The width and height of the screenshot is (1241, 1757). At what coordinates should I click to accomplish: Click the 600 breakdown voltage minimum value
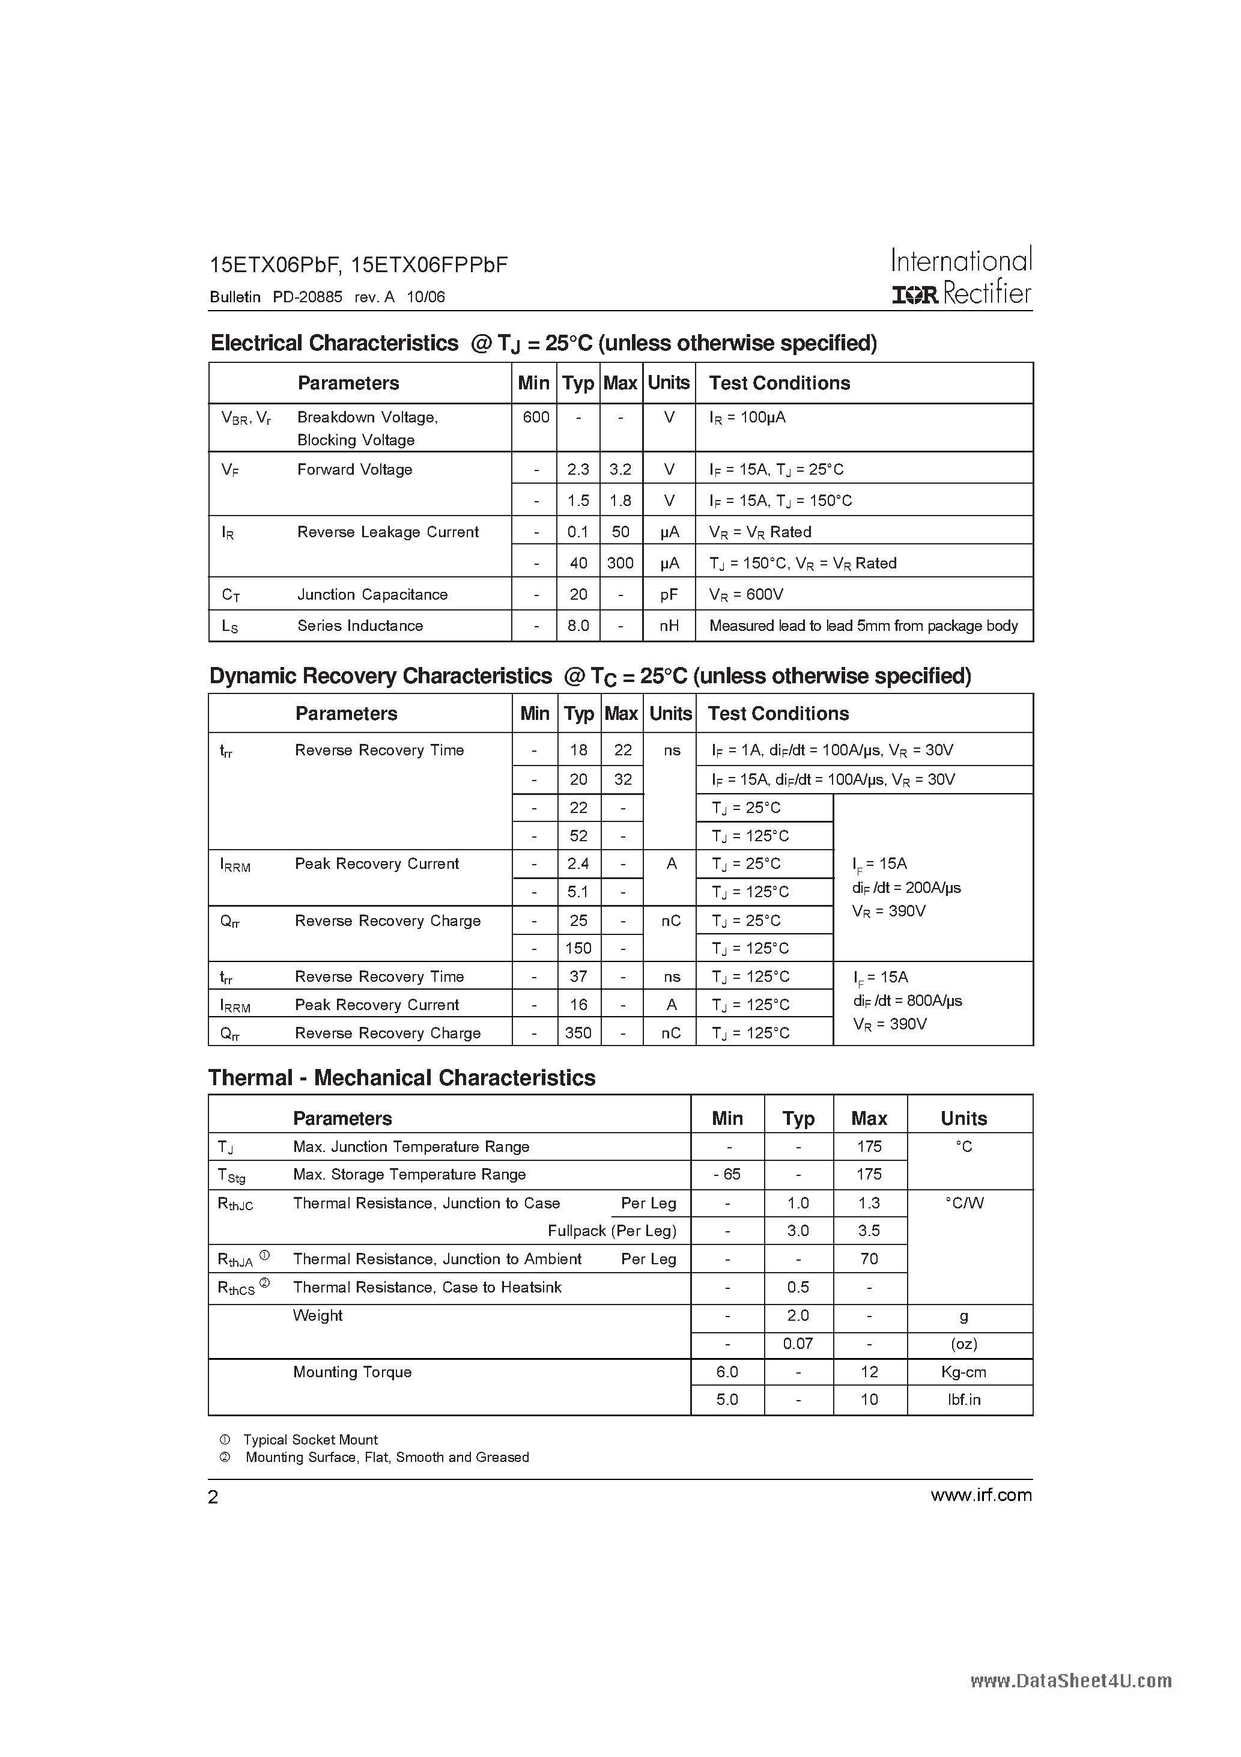536,417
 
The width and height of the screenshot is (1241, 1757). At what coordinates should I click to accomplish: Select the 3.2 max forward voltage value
620,469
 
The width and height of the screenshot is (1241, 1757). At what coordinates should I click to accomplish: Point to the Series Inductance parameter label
360,626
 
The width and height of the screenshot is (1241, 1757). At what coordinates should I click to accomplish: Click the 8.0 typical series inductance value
578,626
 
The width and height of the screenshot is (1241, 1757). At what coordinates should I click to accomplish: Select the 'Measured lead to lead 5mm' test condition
863,626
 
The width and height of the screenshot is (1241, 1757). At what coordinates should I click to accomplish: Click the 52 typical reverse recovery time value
578,836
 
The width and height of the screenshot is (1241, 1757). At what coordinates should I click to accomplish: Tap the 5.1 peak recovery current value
578,892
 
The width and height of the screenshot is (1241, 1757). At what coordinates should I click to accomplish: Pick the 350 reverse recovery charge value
578,1033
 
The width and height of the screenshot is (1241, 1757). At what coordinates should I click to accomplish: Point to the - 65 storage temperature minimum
727,1175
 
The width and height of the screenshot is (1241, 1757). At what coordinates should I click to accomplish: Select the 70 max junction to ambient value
869,1259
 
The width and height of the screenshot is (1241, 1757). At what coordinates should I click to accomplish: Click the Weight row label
318,1315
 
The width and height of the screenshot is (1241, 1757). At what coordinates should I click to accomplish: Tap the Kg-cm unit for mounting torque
963,1372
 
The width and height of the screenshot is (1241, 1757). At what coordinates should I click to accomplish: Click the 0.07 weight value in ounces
798,1344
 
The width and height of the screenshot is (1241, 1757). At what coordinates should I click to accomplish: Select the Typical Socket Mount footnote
310,1439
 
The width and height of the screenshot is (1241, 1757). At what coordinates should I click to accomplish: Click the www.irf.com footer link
981,1495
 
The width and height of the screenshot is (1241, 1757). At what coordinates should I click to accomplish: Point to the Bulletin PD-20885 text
276,297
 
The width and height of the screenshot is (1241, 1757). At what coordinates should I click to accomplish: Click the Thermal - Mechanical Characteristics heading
402,1077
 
